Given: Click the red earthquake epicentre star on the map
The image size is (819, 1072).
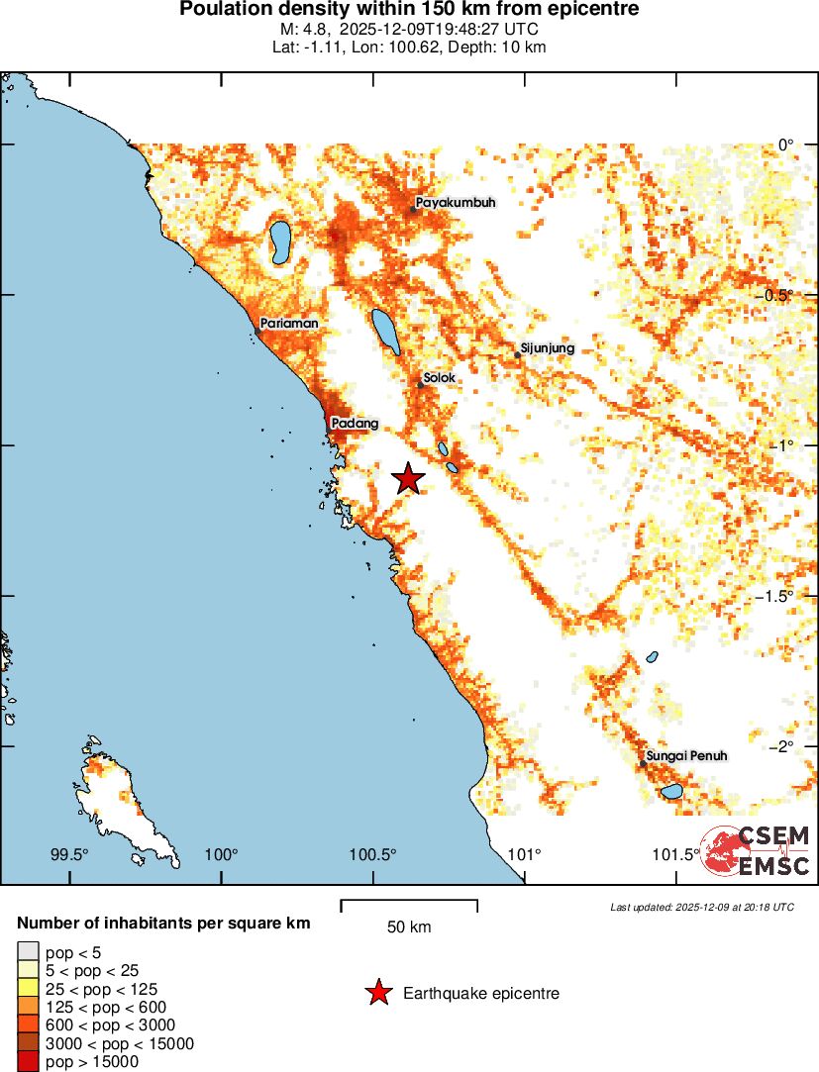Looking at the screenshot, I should point(408,479).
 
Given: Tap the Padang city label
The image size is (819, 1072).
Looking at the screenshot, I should point(355,424).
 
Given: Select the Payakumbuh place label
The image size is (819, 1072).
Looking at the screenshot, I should point(455,203).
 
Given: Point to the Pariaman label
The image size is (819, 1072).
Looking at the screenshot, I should point(289,324).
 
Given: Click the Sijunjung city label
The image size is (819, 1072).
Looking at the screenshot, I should point(548,348).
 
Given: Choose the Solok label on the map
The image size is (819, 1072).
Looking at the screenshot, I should point(439,378).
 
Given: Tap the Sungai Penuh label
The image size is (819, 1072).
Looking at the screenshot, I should point(686,756).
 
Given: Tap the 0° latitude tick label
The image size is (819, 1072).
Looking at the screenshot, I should point(786,145).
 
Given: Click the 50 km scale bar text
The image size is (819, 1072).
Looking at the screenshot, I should point(409,927).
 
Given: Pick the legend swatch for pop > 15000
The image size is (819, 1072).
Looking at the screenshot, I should point(28,1062).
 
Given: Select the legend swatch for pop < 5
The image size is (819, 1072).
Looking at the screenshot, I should point(28,952).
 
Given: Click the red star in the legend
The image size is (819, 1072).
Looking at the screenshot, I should point(378,993).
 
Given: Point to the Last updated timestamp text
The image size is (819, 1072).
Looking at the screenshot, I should point(702,907).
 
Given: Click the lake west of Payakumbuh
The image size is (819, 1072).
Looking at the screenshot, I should point(279,242).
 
